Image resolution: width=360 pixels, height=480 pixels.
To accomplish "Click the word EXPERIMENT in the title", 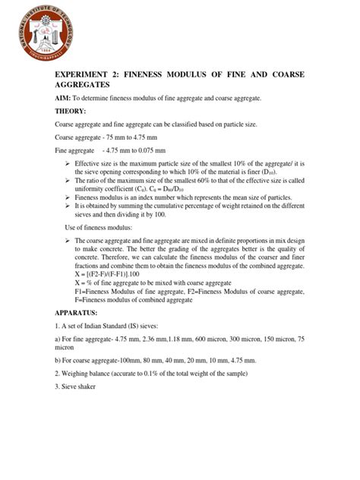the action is coord(84,77).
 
